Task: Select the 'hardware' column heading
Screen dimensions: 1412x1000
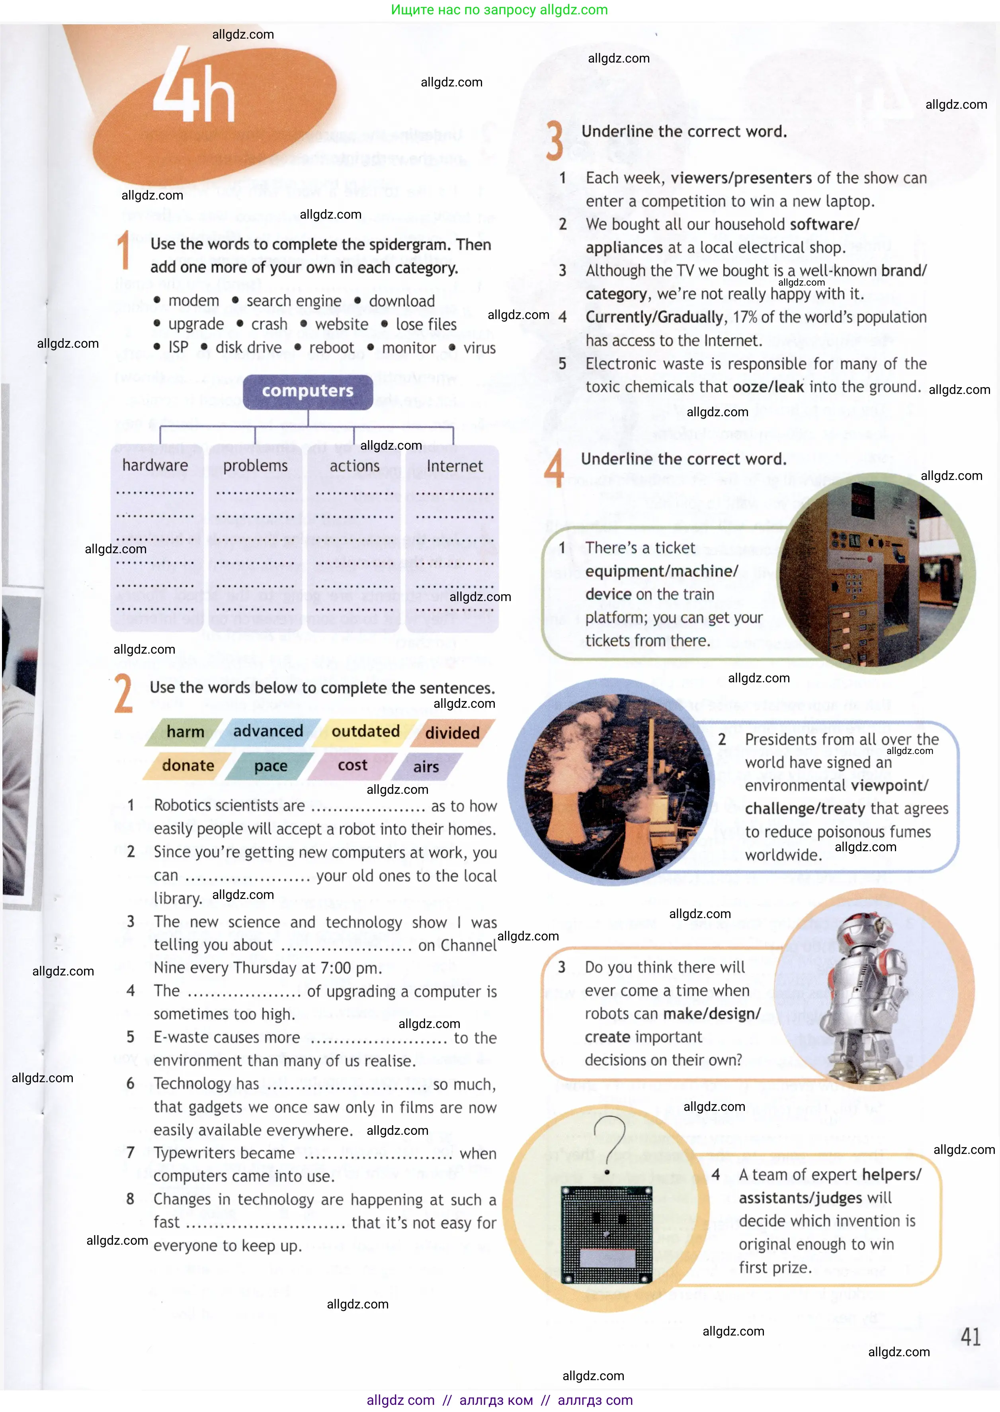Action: point(155,465)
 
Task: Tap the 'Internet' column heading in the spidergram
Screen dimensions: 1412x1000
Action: point(455,466)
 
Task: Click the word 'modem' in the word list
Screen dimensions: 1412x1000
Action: point(193,301)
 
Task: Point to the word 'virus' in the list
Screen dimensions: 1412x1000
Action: point(479,348)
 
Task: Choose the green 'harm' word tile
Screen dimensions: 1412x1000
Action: point(185,731)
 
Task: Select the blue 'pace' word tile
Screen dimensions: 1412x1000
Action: point(271,766)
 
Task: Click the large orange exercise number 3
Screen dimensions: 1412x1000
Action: point(554,141)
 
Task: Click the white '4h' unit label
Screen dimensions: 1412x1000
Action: point(194,86)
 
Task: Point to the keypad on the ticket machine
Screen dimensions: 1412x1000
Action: point(853,585)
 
